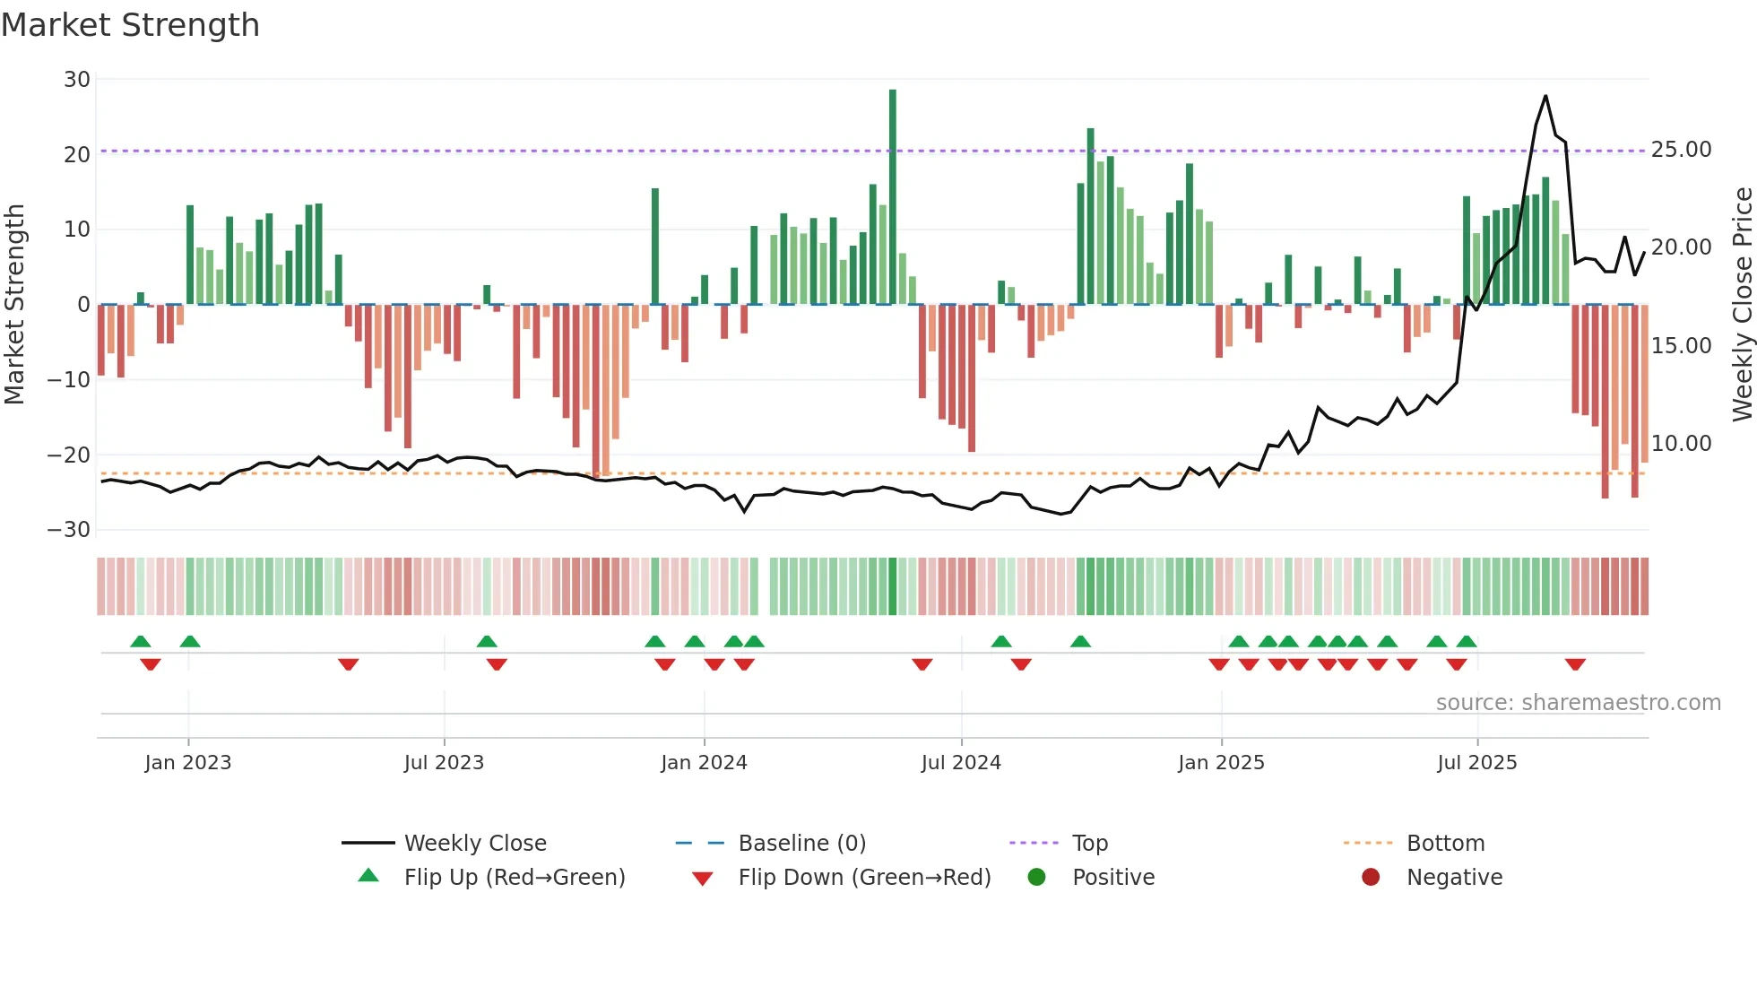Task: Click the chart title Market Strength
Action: point(130,25)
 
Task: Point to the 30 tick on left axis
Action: point(77,80)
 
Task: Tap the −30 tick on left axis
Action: point(69,530)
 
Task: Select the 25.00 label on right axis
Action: point(1681,150)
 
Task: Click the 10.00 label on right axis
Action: point(1681,444)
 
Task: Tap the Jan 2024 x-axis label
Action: point(704,763)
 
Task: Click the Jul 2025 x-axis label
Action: point(1476,763)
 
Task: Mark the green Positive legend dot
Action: point(1036,878)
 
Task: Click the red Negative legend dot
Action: point(1371,878)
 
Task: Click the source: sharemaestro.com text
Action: point(1578,703)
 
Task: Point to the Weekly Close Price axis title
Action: point(1742,305)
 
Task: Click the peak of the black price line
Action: point(1545,96)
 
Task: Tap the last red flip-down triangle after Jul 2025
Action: point(1575,664)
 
